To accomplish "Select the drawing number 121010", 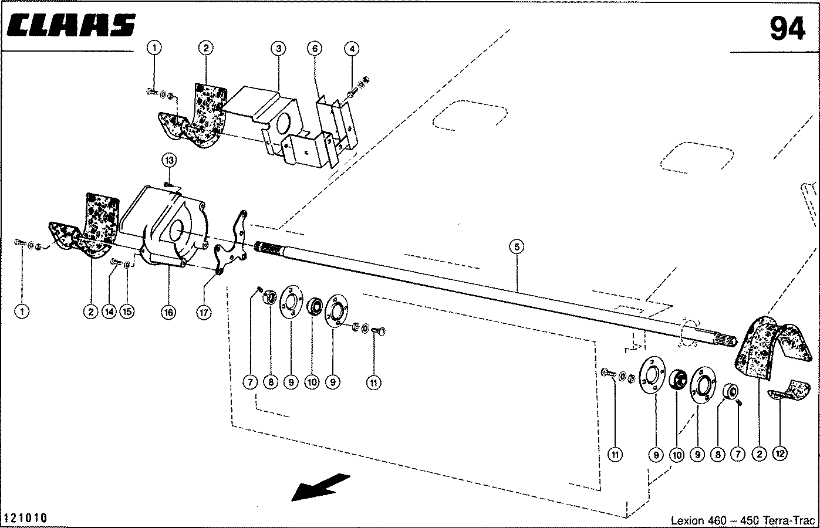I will point(25,518).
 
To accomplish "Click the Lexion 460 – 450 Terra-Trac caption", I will point(743,520).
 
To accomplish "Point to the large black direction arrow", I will point(320,486).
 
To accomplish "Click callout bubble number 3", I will point(278,48).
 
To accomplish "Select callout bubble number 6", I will point(315,48).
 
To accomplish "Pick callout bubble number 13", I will point(170,160).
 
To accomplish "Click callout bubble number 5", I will point(516,247).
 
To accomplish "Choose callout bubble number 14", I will point(109,312).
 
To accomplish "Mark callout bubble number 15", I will point(127,312).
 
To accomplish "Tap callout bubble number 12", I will point(779,453).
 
